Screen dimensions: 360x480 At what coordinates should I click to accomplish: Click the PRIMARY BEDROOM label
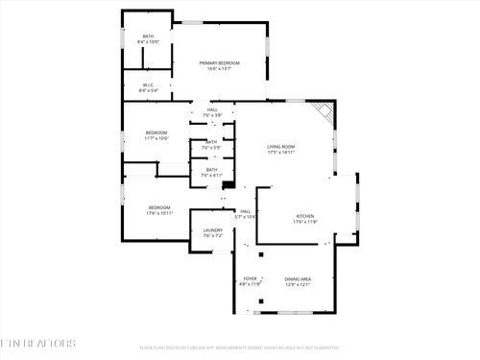219,63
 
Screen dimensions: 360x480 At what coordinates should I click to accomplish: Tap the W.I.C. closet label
148,84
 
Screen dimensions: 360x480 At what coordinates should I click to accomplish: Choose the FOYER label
250,279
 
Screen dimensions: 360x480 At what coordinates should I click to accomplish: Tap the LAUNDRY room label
212,230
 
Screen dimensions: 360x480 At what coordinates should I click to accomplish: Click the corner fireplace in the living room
326,111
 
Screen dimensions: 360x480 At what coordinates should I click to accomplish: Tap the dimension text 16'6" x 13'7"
219,69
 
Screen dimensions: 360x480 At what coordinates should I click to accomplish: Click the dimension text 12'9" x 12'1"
298,285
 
